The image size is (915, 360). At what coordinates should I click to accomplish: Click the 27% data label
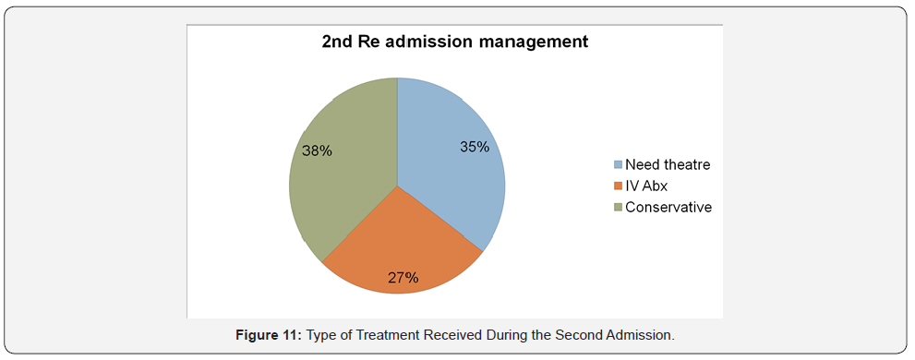point(403,276)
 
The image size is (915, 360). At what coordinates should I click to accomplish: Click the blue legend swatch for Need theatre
point(619,165)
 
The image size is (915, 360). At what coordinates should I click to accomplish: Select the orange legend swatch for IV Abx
point(619,186)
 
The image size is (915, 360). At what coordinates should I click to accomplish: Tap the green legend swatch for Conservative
point(619,208)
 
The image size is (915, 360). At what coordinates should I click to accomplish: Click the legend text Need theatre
point(668,165)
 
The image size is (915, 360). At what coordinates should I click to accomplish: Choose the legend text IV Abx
point(646,186)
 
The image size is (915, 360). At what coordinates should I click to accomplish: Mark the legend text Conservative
point(668,208)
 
